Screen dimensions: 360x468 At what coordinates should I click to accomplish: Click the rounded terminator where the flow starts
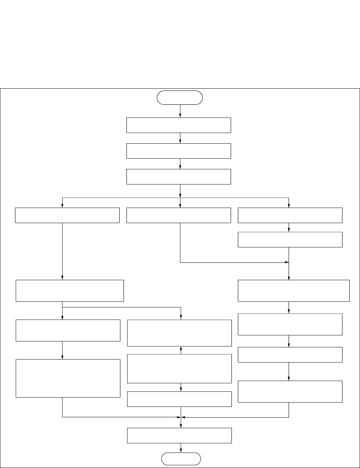[x=180, y=97]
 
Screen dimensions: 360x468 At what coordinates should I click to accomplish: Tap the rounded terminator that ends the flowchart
[x=181, y=459]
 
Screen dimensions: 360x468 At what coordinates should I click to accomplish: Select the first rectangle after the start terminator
[x=179, y=125]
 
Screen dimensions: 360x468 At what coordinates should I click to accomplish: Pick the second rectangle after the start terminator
[x=179, y=151]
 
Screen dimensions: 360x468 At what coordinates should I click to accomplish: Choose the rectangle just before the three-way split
[x=179, y=177]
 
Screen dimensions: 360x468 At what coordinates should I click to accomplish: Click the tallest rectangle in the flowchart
[x=68, y=378]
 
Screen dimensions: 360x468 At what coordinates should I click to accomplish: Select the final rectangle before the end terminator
[x=180, y=435]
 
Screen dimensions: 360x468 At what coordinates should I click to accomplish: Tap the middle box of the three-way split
[x=179, y=215]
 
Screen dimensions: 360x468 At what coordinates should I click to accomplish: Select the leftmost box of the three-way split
[x=67, y=215]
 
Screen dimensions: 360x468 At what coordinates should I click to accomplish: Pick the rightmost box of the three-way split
[x=290, y=215]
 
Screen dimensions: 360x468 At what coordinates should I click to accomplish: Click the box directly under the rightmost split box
[x=290, y=240]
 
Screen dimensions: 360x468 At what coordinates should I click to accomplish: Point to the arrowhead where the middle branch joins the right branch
[x=286, y=263]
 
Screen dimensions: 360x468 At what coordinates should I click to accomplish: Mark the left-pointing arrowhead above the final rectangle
[x=184, y=417]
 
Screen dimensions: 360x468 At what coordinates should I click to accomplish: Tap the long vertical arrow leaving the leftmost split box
[x=62, y=250]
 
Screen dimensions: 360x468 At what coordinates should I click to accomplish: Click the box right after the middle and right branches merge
[x=294, y=290]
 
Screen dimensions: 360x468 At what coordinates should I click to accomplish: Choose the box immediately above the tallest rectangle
[x=68, y=330]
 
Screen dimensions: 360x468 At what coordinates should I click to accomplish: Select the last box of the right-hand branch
[x=290, y=391]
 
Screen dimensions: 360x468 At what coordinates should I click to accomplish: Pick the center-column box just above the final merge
[x=180, y=399]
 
